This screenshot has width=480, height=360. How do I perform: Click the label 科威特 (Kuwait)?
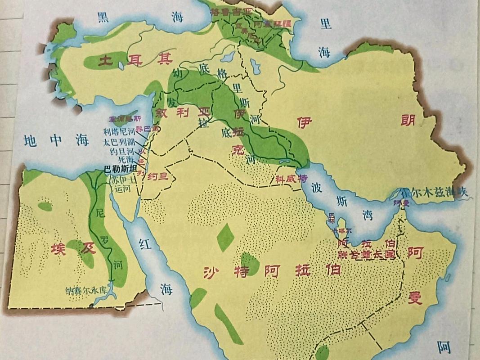pos(291,179)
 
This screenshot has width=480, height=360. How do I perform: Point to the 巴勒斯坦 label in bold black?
pos(121,170)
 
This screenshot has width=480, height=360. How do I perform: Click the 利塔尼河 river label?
pos(119,132)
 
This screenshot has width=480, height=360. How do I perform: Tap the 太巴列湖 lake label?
pos(119,142)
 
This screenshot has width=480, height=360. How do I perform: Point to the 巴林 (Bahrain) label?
pos(332,217)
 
